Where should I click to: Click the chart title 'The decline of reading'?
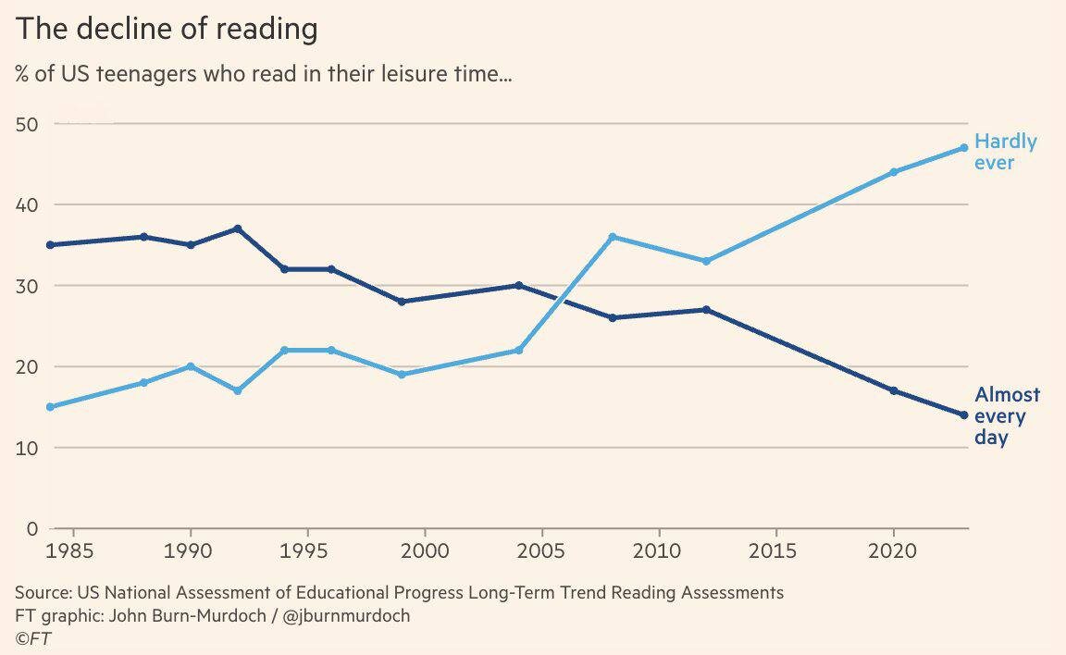tap(167, 29)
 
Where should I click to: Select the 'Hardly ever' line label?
tap(1005, 152)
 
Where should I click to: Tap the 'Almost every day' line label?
tap(1007, 415)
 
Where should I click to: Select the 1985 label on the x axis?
tap(71, 551)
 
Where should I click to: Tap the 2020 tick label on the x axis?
tap(893, 551)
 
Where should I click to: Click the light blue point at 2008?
tap(613, 237)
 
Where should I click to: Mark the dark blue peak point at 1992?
tap(238, 229)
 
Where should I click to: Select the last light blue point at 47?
tap(963, 147)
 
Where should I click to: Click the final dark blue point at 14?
tap(963, 415)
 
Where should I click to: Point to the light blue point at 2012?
tap(706, 261)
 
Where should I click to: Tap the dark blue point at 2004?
tap(519, 285)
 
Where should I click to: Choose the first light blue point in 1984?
tap(50, 407)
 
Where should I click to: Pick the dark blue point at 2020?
tap(893, 390)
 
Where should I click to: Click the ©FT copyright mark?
tap(32, 637)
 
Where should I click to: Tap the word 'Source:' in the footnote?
tap(43, 592)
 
